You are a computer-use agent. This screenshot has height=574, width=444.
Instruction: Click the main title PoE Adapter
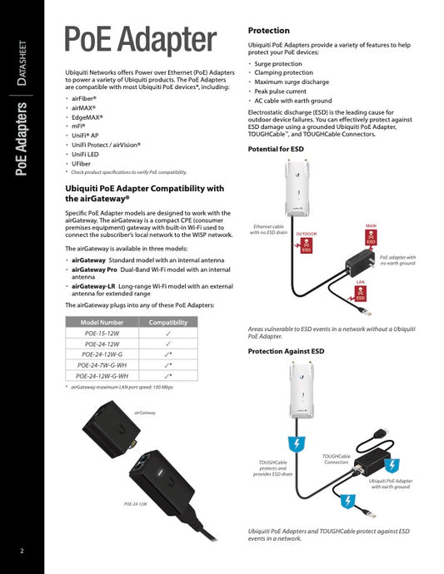tap(140, 38)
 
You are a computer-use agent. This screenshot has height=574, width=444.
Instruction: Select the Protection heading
tap(269, 30)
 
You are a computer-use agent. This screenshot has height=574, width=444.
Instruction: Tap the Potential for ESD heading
tap(282, 149)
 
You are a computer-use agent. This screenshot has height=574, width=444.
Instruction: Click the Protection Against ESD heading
tap(286, 352)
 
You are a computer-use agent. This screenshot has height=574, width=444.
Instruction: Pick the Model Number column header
tap(102, 322)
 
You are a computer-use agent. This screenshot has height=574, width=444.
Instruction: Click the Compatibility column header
tap(168, 322)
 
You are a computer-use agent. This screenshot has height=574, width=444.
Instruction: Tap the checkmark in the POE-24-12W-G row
tap(168, 354)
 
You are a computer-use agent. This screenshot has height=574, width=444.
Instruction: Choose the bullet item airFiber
tap(83, 98)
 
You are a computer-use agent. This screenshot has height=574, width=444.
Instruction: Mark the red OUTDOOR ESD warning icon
tap(306, 245)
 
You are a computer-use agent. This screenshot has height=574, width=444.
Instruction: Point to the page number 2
tap(22, 551)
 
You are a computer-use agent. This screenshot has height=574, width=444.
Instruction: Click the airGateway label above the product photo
tap(145, 413)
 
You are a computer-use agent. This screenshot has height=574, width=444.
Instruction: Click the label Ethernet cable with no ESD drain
tap(268, 230)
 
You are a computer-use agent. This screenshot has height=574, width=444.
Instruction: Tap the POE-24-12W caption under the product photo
tap(135, 504)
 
